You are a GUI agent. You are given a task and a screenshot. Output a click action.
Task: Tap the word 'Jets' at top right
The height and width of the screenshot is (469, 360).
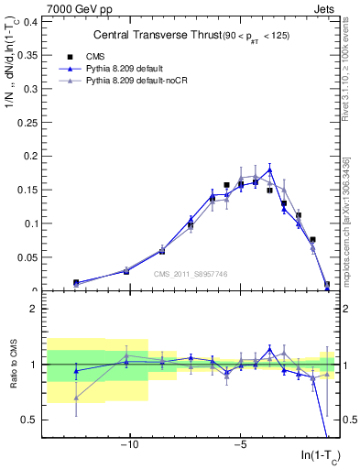tap(323, 8)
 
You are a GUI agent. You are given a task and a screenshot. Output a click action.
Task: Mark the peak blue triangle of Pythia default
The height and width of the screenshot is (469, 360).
tap(269, 169)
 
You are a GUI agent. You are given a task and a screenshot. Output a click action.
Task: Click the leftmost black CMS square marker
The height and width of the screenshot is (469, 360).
tap(76, 283)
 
